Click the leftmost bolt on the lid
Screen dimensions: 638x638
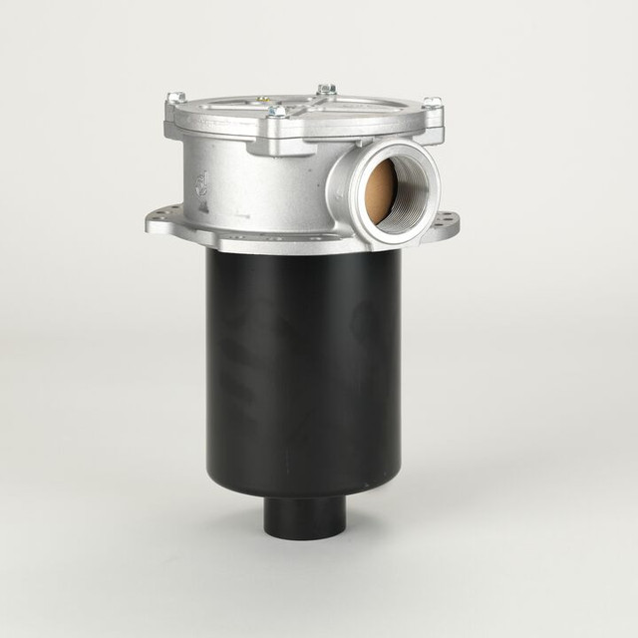pos(175,98)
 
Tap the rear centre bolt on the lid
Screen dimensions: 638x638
pos(326,90)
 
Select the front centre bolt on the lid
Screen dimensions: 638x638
pos(276,111)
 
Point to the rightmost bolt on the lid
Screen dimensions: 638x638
pos(432,103)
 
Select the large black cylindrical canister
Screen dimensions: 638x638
pos(303,369)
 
